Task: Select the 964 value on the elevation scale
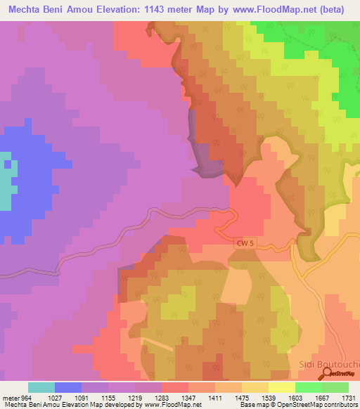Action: (27, 397)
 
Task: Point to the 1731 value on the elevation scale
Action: (349, 397)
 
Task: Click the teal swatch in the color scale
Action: (41, 387)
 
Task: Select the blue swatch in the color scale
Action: (68, 387)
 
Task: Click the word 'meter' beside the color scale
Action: (8, 397)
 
